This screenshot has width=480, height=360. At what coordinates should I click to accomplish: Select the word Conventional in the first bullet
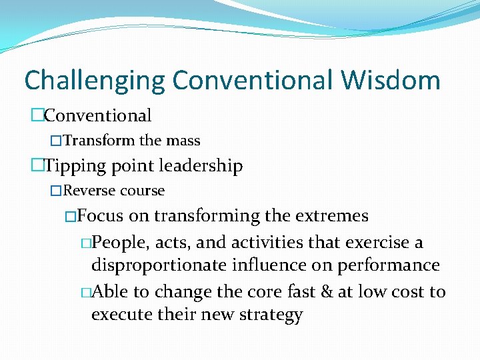click(x=98, y=115)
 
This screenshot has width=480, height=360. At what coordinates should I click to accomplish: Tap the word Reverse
click(x=89, y=191)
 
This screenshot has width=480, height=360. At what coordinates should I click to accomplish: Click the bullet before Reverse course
click(x=57, y=191)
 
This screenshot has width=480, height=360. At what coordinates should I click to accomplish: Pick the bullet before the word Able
click(x=85, y=293)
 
